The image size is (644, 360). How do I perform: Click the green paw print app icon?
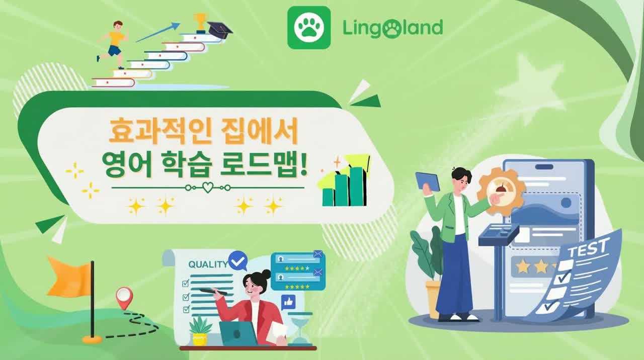click(309, 28)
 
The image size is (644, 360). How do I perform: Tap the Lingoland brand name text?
click(392, 28)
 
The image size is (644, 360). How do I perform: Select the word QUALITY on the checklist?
click(207, 264)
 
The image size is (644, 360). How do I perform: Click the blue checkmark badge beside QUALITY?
click(237, 260)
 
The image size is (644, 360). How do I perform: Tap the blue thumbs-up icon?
click(288, 302)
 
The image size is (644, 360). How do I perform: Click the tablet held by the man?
click(428, 181)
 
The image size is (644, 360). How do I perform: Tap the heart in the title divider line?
click(207, 188)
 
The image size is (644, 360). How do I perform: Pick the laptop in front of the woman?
click(238, 333)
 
